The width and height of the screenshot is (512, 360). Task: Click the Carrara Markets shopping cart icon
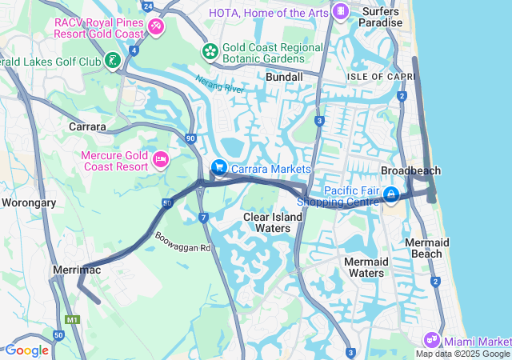click(x=218, y=167)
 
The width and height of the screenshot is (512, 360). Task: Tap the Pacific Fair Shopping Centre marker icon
click(x=391, y=194)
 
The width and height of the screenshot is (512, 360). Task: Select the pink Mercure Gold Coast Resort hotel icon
click(x=160, y=161)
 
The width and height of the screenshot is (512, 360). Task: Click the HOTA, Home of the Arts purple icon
click(x=341, y=11)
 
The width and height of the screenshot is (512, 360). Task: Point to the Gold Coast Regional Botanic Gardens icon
click(x=210, y=52)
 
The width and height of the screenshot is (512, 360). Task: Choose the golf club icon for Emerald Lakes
click(x=114, y=61)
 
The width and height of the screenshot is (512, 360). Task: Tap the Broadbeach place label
click(x=410, y=171)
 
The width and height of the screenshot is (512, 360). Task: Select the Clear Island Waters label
click(x=267, y=222)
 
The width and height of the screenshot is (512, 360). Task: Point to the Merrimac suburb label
click(x=75, y=271)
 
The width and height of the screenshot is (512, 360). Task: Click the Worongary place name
click(x=28, y=202)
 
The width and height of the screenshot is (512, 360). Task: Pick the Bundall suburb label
click(x=284, y=77)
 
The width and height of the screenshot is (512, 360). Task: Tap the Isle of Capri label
click(x=382, y=76)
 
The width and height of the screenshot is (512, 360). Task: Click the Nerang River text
click(x=219, y=85)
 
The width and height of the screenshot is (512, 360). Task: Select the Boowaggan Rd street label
click(x=182, y=242)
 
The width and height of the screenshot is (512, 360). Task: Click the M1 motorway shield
click(x=74, y=320)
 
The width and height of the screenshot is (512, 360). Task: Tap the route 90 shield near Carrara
click(x=190, y=138)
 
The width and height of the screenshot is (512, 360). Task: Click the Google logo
click(x=26, y=350)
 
